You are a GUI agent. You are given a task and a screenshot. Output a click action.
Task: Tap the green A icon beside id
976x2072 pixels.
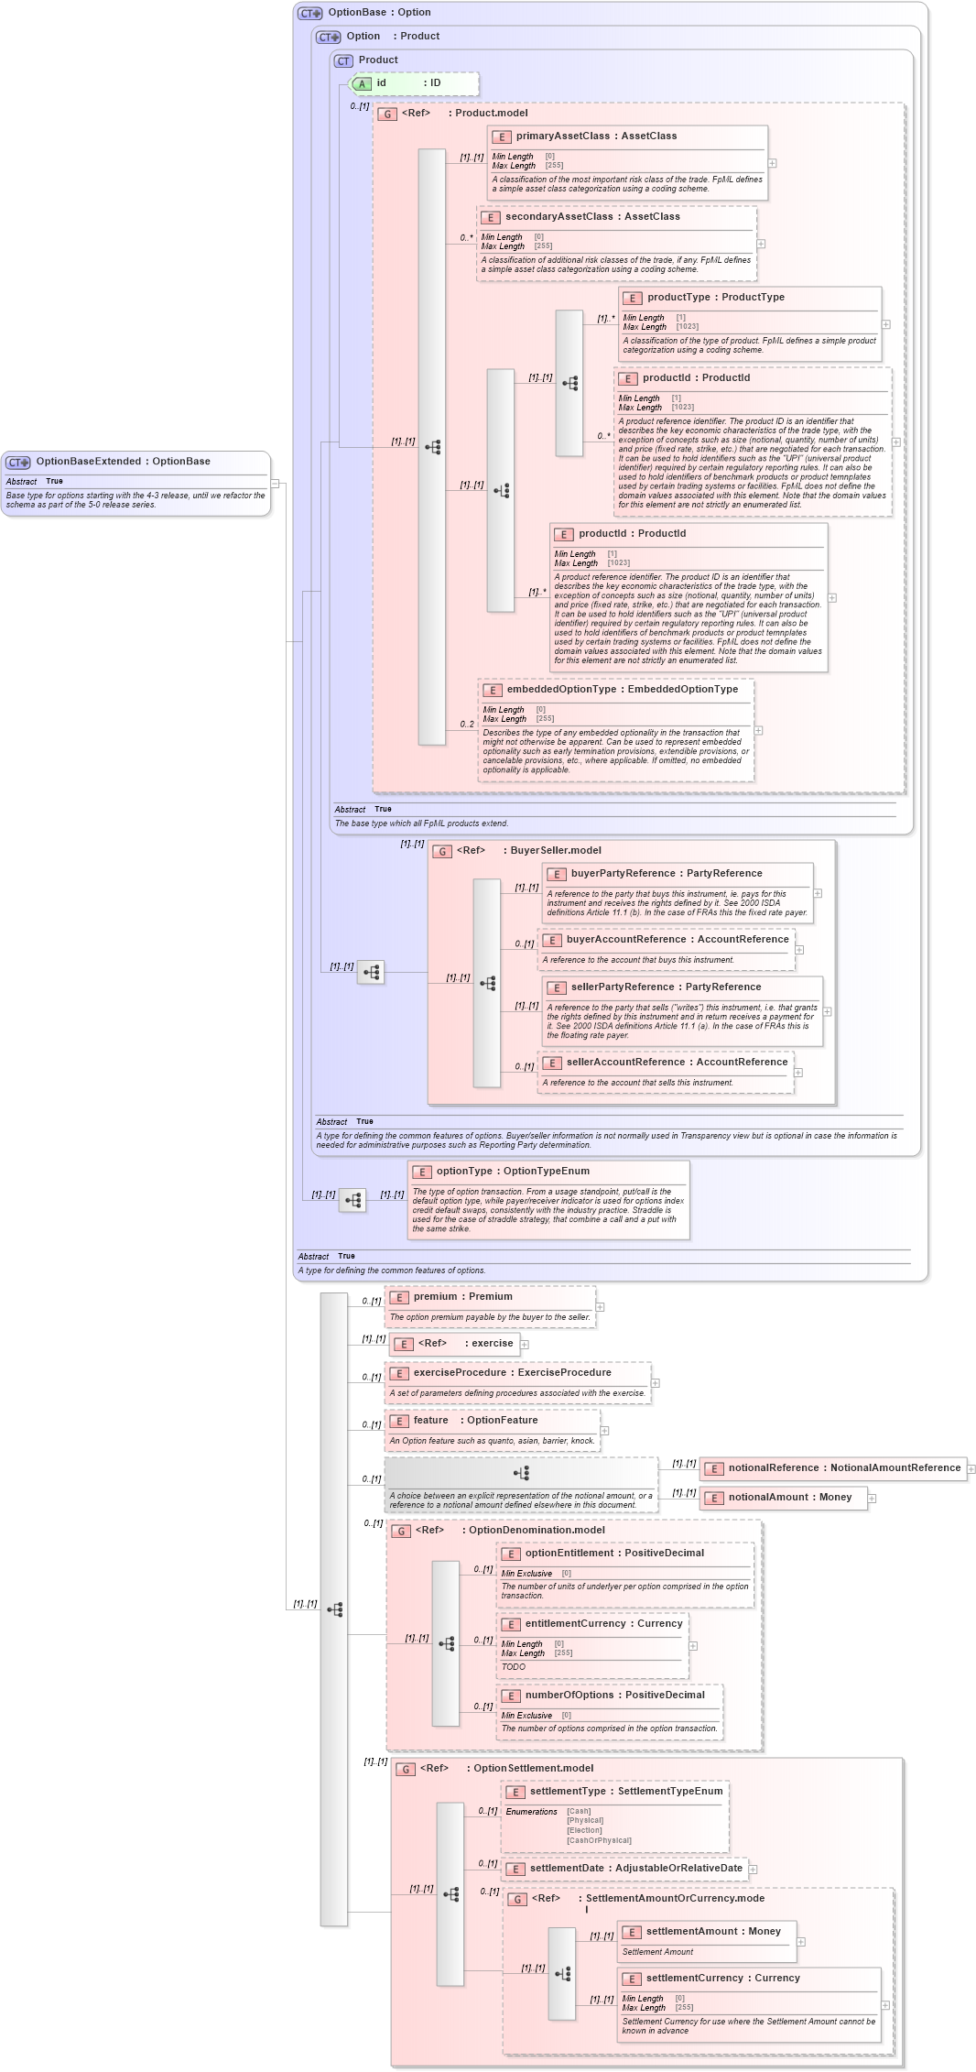coord(363,84)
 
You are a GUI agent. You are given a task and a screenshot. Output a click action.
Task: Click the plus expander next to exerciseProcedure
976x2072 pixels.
coord(656,1383)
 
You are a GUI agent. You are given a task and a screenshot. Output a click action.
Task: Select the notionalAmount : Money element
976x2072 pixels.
coord(789,1498)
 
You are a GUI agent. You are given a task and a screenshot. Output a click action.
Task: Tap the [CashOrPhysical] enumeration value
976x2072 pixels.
coord(599,1840)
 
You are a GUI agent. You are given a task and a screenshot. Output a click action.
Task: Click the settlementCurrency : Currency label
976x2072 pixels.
coord(722,1979)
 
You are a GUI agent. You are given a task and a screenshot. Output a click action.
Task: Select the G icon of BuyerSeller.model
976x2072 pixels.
coord(442,852)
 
